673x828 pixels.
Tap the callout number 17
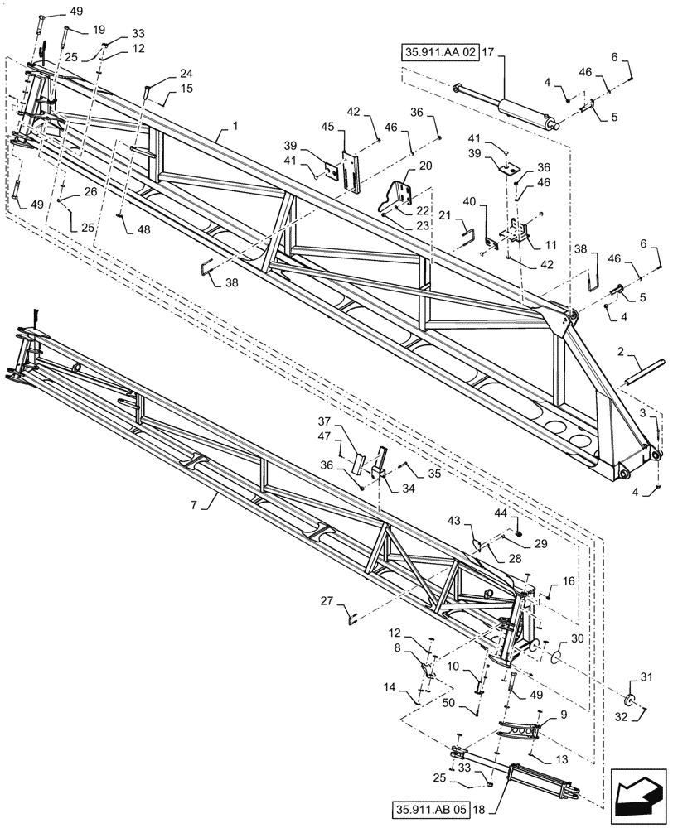pyautogui.click(x=488, y=51)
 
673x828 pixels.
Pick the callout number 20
pyautogui.click(x=426, y=166)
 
